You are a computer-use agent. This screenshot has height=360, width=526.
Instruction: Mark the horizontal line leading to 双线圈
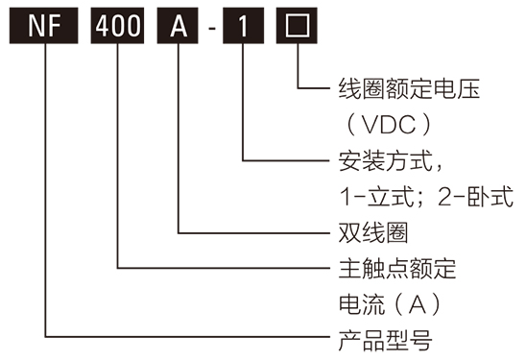click(x=254, y=232)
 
